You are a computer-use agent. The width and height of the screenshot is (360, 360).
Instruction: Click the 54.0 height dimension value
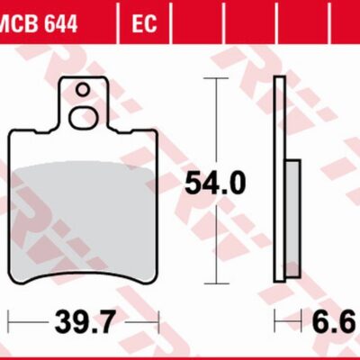pyautogui.click(x=214, y=184)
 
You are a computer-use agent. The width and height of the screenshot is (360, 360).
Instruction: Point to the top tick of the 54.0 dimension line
pyautogui.click(x=214, y=78)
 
